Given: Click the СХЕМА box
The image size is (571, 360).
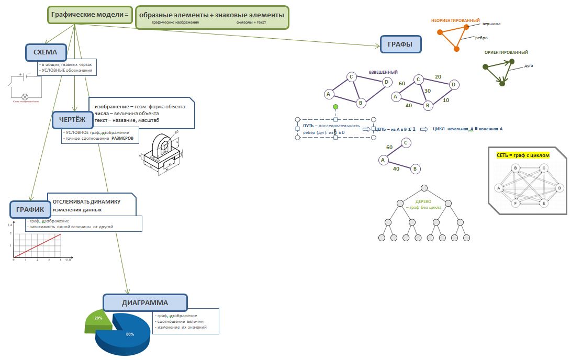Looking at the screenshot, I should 46,52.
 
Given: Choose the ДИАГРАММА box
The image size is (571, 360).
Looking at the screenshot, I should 144,302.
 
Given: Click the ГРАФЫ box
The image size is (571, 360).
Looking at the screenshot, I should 400,44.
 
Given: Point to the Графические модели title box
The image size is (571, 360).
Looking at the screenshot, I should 90,15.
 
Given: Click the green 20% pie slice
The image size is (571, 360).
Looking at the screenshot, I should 98,320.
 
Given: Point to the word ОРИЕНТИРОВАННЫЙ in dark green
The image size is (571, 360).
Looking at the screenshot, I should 506,53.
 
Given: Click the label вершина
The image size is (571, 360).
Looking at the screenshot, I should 491,24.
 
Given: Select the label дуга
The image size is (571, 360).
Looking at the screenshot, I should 529,66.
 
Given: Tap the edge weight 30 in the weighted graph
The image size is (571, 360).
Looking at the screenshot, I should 428,91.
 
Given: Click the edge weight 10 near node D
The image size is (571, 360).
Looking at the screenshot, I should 445,100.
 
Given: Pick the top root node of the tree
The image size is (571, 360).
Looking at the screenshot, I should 424,188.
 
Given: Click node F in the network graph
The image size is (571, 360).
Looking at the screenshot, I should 516,203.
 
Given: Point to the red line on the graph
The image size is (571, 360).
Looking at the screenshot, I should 38,245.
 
